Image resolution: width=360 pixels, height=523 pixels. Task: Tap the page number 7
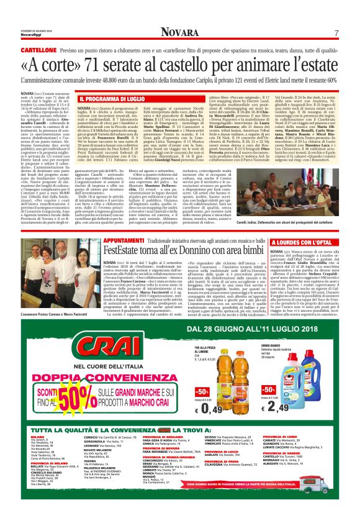[x=336, y=32]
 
